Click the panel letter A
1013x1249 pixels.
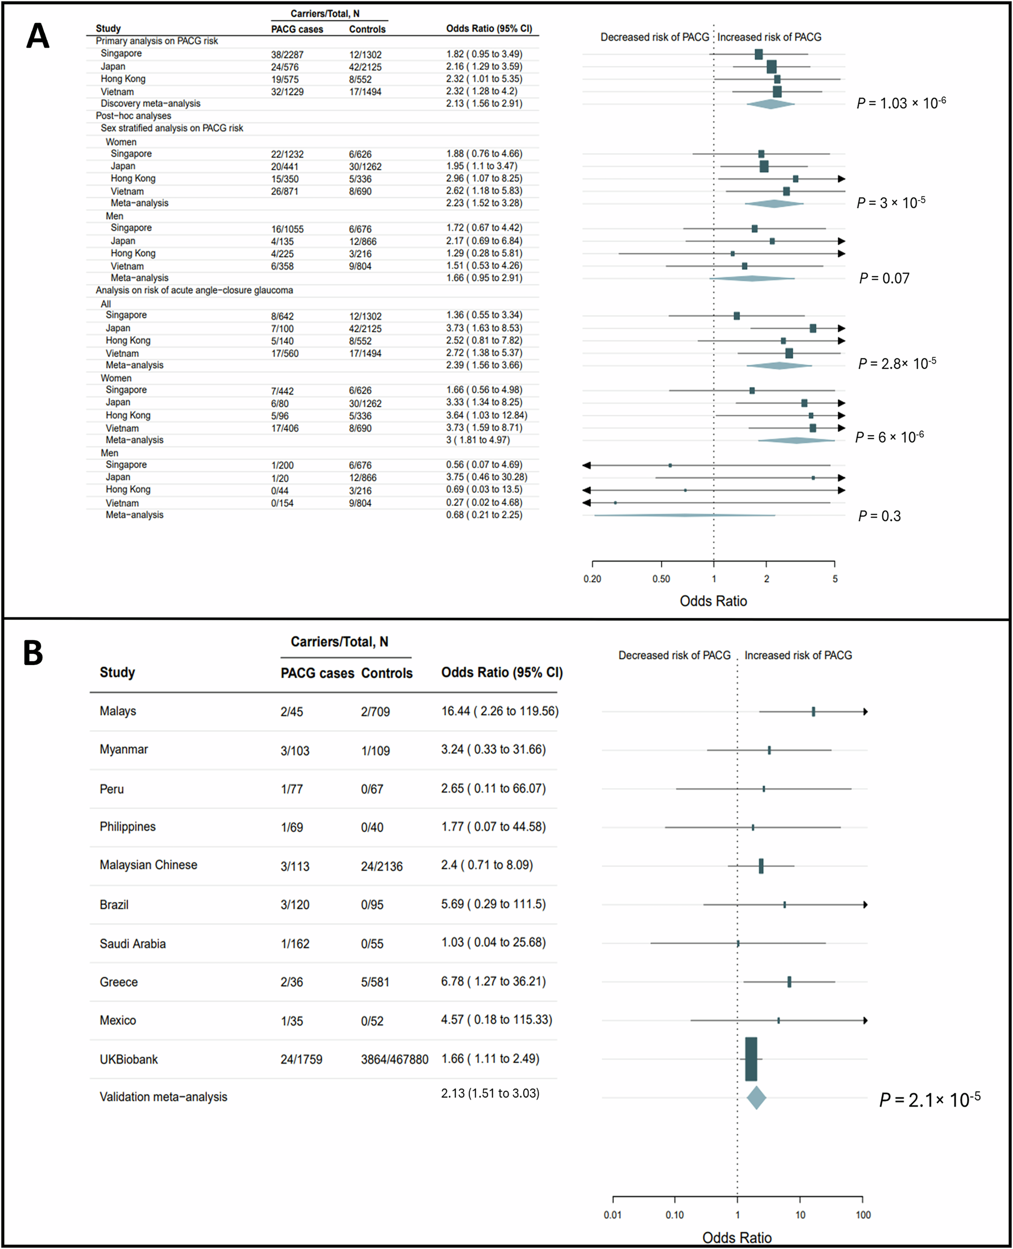pyautogui.click(x=37, y=36)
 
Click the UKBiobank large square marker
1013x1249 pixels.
pyautogui.click(x=751, y=1059)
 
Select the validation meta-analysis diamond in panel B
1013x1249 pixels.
pyautogui.click(x=756, y=1098)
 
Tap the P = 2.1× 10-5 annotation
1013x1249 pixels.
pyautogui.click(x=929, y=1100)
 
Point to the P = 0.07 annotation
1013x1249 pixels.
pyautogui.click(x=884, y=278)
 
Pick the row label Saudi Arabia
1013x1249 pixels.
pyautogui.click(x=133, y=943)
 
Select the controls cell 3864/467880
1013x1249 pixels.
pyautogui.click(x=395, y=1060)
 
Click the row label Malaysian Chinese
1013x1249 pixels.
pyautogui.click(x=148, y=865)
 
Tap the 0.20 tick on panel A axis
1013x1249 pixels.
pyautogui.click(x=592, y=579)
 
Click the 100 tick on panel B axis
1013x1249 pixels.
pyautogui.click(x=863, y=1215)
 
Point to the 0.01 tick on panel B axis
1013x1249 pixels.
pyautogui.click(x=613, y=1215)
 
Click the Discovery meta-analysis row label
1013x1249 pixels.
pyautogui.click(x=150, y=103)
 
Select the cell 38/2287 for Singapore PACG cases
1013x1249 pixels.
pyautogui.click(x=287, y=54)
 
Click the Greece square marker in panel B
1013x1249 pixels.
pyautogui.click(x=790, y=982)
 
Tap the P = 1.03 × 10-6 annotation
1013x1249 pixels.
pyautogui.click(x=901, y=103)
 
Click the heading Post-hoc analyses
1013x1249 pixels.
pyautogui.click(x=133, y=115)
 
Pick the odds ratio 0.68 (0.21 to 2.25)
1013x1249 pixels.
pyautogui.click(x=484, y=515)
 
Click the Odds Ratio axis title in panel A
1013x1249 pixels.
pyautogui.click(x=713, y=601)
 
